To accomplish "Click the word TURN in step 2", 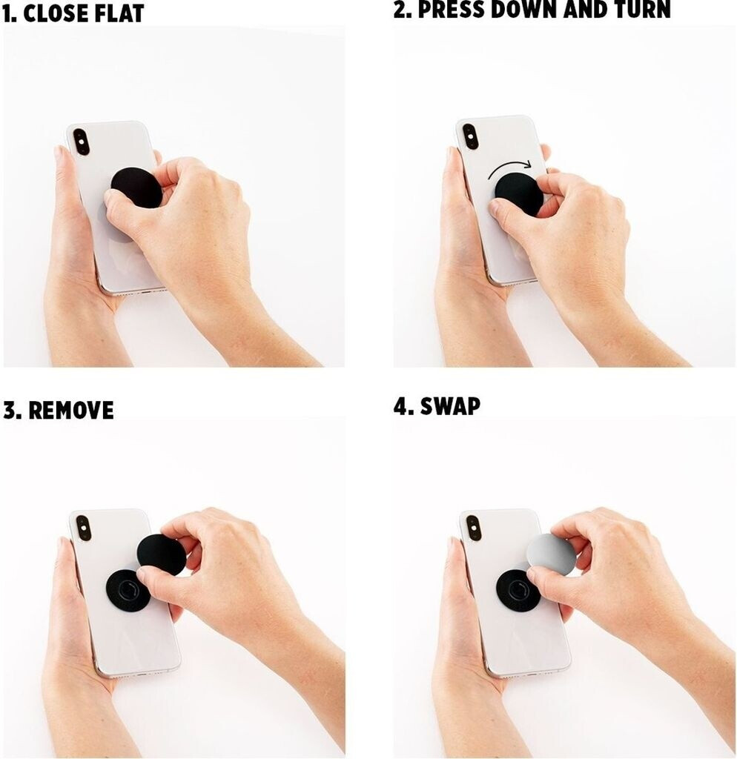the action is point(643,10).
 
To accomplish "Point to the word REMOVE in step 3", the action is point(70,410).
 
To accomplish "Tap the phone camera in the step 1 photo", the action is point(81,142).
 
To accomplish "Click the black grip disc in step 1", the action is point(136,188).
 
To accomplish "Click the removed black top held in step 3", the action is point(161,554).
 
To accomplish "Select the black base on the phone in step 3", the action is point(128,589).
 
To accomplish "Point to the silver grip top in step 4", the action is point(549,554).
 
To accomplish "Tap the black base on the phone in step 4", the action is point(517,589).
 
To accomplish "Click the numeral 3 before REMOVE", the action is point(10,410).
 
